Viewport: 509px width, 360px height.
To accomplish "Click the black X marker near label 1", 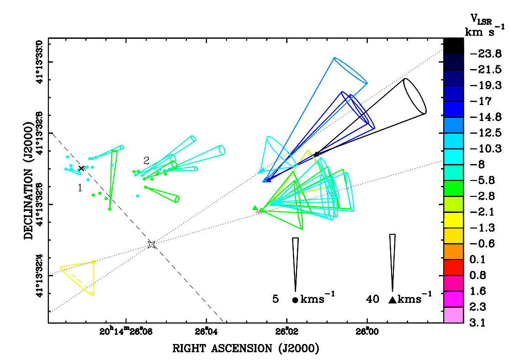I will click(81, 169).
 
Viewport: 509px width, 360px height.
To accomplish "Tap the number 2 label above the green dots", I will click(146, 161).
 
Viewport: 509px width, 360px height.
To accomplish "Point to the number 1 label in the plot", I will click(80, 187).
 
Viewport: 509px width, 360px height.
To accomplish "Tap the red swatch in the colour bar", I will click(453, 268).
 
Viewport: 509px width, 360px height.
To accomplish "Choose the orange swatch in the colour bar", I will click(453, 252).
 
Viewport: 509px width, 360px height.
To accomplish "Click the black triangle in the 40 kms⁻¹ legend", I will click(392, 300).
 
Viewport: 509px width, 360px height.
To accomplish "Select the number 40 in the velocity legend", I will click(372, 299).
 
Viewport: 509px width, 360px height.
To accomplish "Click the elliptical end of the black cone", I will click(415, 96).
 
